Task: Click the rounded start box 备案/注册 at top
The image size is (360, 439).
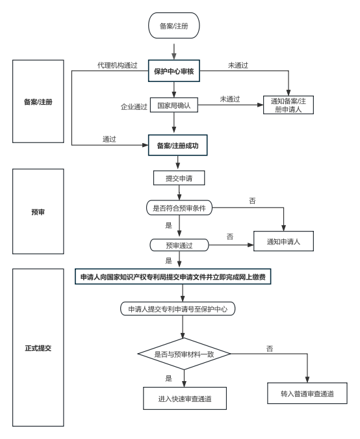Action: click(x=174, y=25)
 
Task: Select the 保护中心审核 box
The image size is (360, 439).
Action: click(x=174, y=71)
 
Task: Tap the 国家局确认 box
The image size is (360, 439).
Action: click(x=174, y=105)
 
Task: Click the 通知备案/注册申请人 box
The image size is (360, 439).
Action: click(x=288, y=105)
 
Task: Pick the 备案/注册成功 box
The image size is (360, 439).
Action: click(x=177, y=145)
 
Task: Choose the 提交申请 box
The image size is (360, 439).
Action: click(x=179, y=178)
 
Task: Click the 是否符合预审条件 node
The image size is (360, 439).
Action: click(x=179, y=207)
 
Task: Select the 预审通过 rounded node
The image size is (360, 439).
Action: click(x=179, y=245)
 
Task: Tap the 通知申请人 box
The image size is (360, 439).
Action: click(x=283, y=241)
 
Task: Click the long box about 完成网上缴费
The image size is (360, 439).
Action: click(x=173, y=277)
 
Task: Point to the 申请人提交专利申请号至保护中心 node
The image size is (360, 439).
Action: click(x=177, y=309)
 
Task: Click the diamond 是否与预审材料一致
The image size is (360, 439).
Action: click(x=184, y=354)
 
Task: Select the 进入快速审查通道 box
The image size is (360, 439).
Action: click(x=185, y=399)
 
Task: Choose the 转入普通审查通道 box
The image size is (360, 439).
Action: click(x=307, y=393)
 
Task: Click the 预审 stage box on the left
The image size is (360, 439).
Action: click(x=38, y=211)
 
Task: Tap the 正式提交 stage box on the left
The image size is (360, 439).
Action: click(x=38, y=348)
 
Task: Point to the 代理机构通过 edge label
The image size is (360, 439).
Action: click(x=117, y=65)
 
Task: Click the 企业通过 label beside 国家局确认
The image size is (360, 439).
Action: click(x=134, y=107)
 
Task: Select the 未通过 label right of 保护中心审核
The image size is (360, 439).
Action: click(x=238, y=65)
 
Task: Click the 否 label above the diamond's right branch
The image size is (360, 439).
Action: click(x=270, y=349)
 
